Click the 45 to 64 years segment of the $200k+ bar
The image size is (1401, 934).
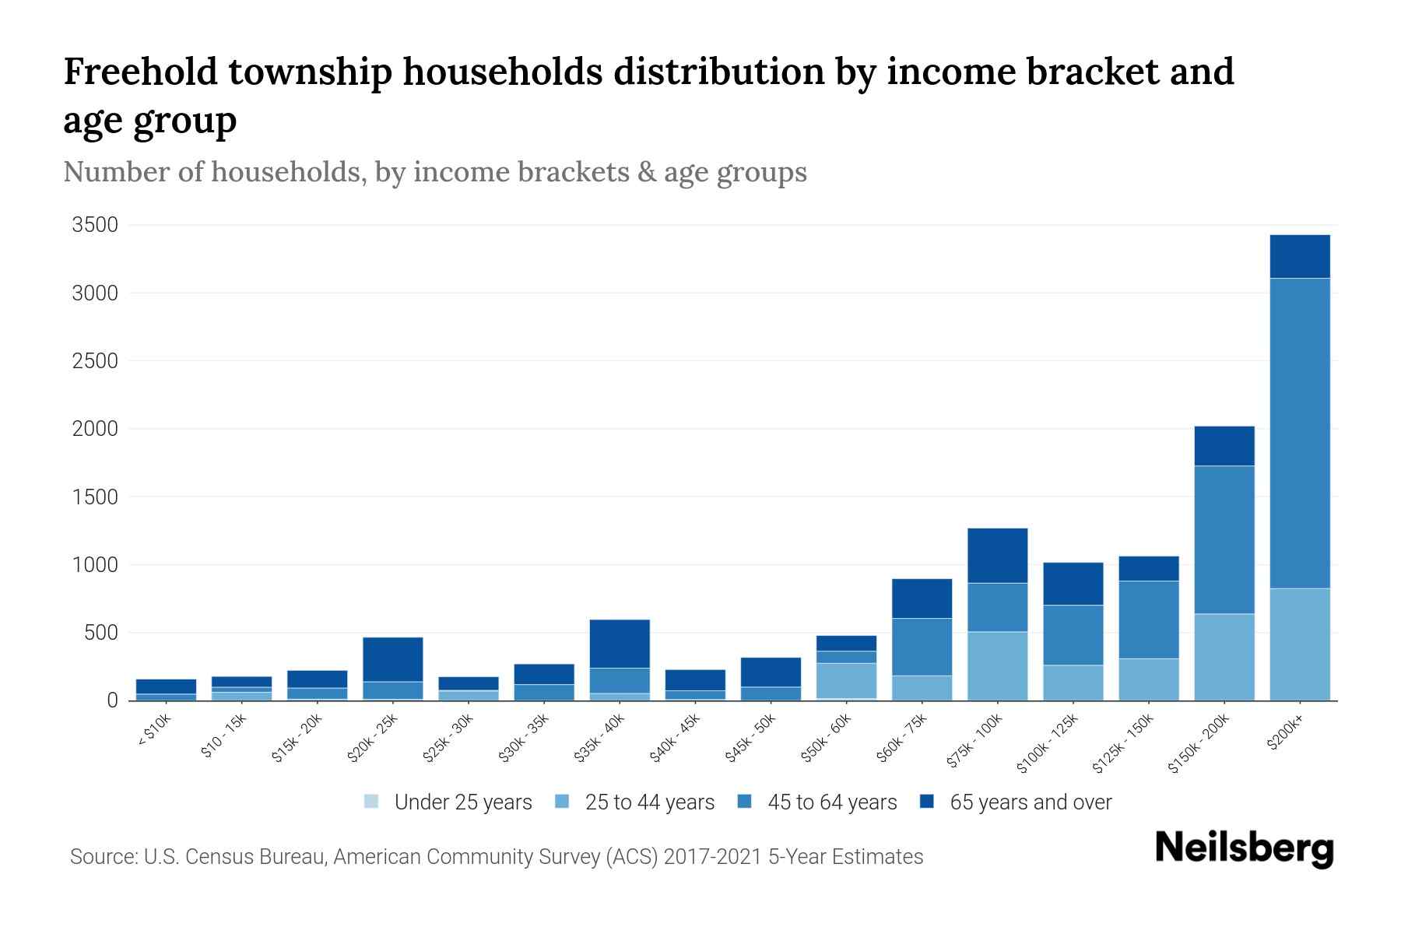[x=1299, y=433]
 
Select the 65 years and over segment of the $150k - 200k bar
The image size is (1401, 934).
[x=1224, y=446]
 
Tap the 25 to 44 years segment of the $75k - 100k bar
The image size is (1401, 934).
[x=997, y=665]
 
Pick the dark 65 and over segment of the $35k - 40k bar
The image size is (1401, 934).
[x=620, y=644]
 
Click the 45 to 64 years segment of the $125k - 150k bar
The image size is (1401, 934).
[x=1148, y=620]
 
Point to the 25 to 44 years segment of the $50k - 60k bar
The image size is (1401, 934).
[x=846, y=680]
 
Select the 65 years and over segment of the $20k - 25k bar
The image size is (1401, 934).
[x=392, y=659]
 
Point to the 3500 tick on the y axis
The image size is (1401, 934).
[x=95, y=226]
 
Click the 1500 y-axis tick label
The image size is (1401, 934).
[x=95, y=497]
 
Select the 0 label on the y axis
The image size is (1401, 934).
[x=113, y=700]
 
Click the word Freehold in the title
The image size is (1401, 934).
[x=139, y=72]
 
